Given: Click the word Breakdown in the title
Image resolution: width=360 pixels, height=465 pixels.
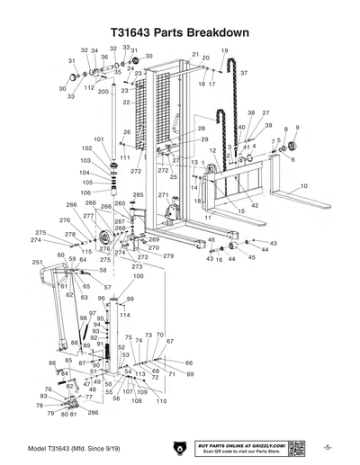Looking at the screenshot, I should [x=213, y=31].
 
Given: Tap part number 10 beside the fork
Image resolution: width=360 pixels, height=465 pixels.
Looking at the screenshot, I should [x=303, y=185].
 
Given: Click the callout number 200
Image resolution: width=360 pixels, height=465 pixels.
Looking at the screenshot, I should [x=103, y=92].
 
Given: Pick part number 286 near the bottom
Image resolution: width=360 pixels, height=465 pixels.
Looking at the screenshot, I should [x=93, y=412].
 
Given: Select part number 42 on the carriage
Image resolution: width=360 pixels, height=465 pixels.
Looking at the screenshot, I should [x=255, y=206].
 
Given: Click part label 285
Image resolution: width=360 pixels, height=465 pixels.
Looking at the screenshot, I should [x=138, y=194].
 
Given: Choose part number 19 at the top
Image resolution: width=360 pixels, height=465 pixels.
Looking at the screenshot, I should [x=224, y=50].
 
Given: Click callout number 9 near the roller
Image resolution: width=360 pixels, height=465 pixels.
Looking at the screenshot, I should [x=296, y=129].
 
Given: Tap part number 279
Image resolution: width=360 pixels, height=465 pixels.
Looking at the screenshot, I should [x=167, y=256].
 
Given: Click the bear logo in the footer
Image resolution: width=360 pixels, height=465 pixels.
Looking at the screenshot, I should [x=175, y=447].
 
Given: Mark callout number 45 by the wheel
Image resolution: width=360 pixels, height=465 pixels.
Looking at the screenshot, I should [x=251, y=257].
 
